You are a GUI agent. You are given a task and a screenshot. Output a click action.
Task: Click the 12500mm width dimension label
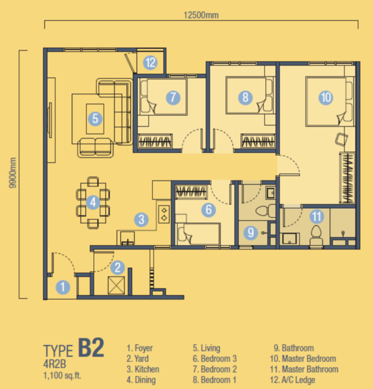pos(201,15)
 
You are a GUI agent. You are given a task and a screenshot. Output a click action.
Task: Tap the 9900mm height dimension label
pos(12,172)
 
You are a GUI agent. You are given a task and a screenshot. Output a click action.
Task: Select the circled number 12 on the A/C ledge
pos(150,62)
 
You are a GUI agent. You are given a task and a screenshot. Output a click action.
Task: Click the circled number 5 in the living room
pos(95,119)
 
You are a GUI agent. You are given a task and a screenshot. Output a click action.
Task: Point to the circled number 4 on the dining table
pos(93,202)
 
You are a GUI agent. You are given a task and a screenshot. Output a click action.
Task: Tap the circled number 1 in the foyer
pos(63,287)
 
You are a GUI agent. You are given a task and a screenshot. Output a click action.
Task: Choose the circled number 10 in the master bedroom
pos(326,97)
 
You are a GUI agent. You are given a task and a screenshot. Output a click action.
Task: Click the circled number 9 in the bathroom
pos(251,233)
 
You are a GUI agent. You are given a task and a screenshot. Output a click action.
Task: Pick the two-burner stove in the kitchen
pos(164,215)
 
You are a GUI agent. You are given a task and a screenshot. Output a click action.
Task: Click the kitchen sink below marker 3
pos(128,238)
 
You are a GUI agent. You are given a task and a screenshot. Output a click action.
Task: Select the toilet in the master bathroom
pos(316,236)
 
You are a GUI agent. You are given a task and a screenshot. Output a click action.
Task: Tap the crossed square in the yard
pos(116,285)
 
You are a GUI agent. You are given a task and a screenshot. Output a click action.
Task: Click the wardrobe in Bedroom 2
pos(155,141)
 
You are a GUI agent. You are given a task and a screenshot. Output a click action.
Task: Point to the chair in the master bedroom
pos(341,139)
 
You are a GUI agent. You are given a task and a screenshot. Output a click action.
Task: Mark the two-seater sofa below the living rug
pos(96,148)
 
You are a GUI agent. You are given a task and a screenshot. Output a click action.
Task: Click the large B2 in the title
pos(91,348)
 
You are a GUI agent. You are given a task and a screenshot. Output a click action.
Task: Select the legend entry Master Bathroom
pos(304,369)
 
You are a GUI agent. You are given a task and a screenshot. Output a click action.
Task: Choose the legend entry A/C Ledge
pos(293,380)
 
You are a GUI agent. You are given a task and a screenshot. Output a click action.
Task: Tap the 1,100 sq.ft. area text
pos(62,375)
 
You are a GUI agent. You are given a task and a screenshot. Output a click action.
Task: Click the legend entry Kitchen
pos(142,369)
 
